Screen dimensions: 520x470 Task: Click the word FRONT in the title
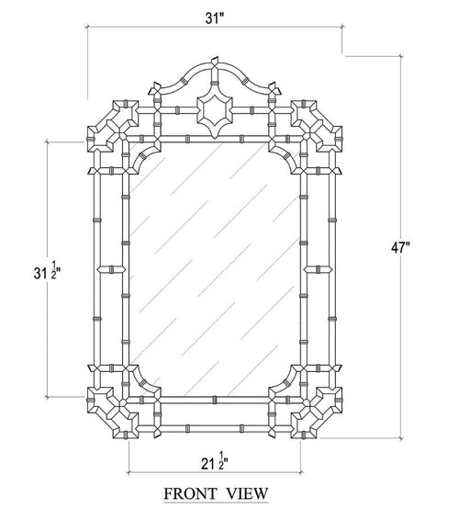click(x=189, y=494)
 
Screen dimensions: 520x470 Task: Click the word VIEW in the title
click(x=249, y=494)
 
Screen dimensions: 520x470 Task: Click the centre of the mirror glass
click(x=215, y=266)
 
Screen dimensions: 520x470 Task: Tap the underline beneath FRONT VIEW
click(x=216, y=503)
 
